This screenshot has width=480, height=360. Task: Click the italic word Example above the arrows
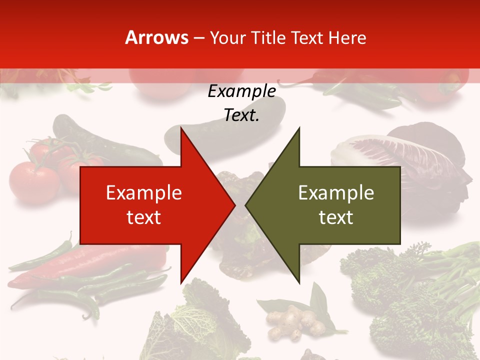241,91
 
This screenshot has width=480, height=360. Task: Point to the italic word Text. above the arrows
241,115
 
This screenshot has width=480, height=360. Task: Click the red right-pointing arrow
150,205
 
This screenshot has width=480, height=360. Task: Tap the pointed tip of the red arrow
233,205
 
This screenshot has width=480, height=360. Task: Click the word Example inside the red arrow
143,193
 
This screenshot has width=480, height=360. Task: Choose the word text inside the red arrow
143,217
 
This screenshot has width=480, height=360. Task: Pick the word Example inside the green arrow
336,193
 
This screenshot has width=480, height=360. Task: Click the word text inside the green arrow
336,217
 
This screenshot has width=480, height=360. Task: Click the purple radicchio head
410,160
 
